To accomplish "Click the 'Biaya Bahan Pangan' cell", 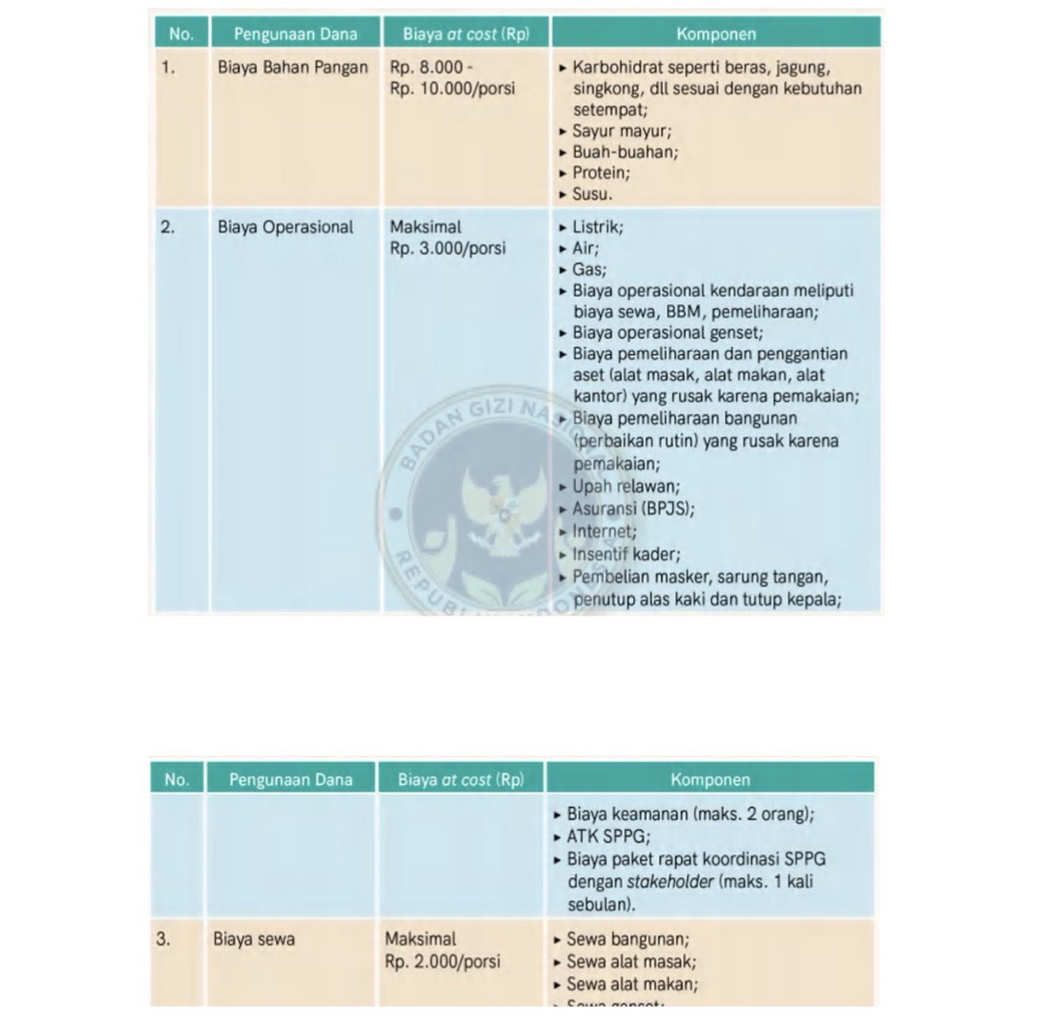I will [x=292, y=68].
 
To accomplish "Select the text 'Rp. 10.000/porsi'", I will [x=452, y=89].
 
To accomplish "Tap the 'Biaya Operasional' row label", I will [x=285, y=227].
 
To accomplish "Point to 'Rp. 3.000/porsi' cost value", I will [x=447, y=249].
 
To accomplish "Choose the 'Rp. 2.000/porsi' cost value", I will [x=442, y=962].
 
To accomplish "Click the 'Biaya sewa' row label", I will [x=254, y=940].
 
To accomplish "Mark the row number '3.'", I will [x=163, y=940].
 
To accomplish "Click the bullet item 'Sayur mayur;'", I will [x=621, y=132].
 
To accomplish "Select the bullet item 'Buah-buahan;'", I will [x=625, y=152].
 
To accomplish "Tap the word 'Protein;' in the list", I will [x=601, y=173].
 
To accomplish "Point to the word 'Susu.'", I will [x=592, y=194].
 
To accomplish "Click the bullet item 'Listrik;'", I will [x=597, y=227].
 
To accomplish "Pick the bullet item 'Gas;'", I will [x=589, y=269].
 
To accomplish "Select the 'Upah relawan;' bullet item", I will [x=626, y=486].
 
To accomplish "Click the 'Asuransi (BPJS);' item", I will [x=633, y=509].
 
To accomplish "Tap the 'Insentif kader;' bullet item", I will [x=626, y=555].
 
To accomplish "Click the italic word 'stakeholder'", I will [x=670, y=882].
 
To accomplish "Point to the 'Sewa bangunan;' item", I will [x=628, y=940].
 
